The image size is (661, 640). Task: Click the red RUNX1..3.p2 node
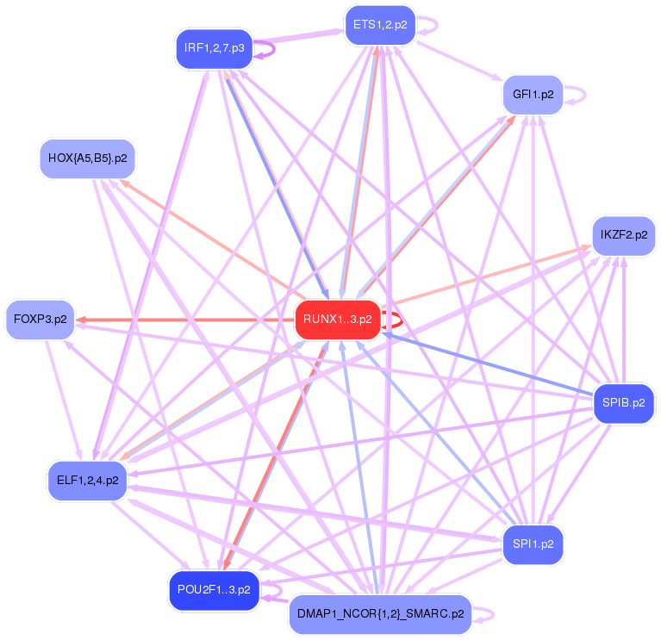[337, 320]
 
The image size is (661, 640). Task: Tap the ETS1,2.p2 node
[380, 25]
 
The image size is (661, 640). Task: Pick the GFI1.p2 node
[533, 94]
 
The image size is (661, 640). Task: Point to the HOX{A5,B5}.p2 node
[88, 158]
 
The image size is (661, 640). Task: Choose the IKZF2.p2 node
[624, 235]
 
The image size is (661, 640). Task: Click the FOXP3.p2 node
[40, 320]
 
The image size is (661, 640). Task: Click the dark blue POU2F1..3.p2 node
[214, 590]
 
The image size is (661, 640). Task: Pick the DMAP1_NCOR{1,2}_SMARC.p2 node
[380, 614]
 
